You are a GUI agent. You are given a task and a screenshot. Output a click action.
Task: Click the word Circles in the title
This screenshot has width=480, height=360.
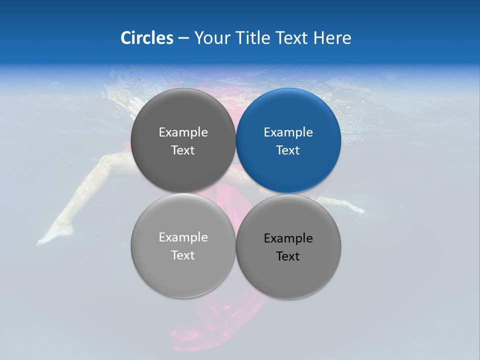coord(146,38)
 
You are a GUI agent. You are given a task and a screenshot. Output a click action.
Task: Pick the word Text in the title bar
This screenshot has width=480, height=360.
coord(291,38)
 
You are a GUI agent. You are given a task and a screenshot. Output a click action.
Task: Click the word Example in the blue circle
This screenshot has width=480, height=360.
coord(288,132)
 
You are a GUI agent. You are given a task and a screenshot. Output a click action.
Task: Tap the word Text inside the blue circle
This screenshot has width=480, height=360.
coord(288,150)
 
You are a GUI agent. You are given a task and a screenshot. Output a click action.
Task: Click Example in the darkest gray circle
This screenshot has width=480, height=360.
coord(183,132)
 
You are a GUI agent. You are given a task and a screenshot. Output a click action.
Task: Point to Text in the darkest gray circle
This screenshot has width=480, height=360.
coord(183,150)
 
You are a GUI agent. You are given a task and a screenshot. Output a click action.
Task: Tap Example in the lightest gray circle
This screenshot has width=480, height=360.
coord(183,237)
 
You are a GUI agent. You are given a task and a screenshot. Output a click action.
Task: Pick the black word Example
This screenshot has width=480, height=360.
coord(288,238)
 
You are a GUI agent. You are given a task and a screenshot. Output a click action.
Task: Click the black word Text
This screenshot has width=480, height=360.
coord(288,256)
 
